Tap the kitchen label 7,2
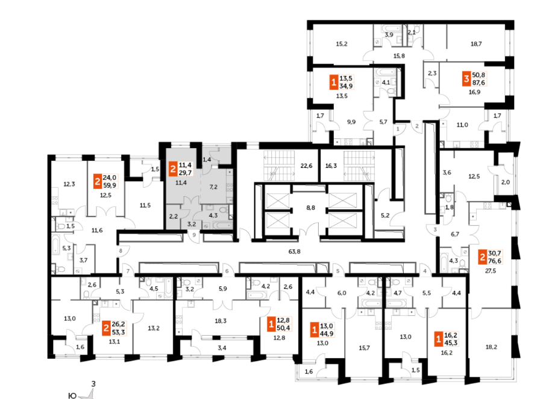coord(213,188)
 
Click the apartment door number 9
coord(195,235)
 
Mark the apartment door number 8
coord(121,251)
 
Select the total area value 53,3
coord(118,331)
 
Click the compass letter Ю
coord(72,395)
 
